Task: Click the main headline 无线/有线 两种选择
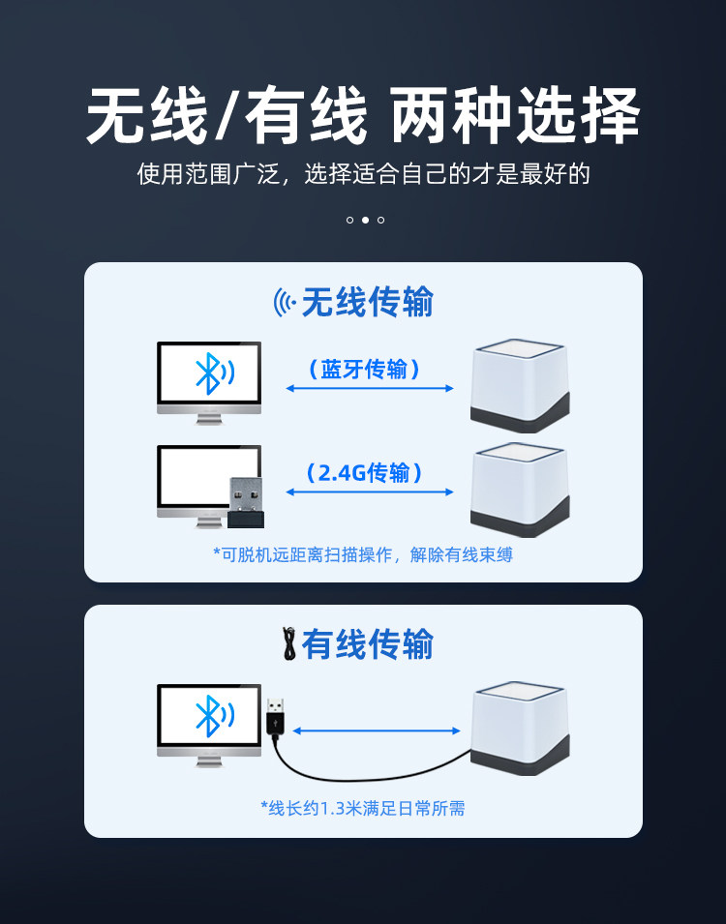point(363,116)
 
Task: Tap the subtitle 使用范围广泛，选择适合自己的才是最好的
point(363,175)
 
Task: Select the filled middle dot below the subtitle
point(365,221)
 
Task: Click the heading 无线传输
point(368,303)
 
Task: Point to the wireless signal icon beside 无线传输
point(285,303)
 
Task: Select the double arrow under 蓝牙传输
point(370,389)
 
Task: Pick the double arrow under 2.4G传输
point(370,492)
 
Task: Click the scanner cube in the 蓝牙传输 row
point(519,385)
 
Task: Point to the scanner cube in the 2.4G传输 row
point(519,490)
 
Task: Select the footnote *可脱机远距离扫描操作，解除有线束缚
point(363,554)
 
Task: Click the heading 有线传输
point(368,644)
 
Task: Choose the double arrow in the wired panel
point(376,730)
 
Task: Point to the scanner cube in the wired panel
point(519,728)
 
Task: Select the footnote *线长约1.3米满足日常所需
point(363,808)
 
